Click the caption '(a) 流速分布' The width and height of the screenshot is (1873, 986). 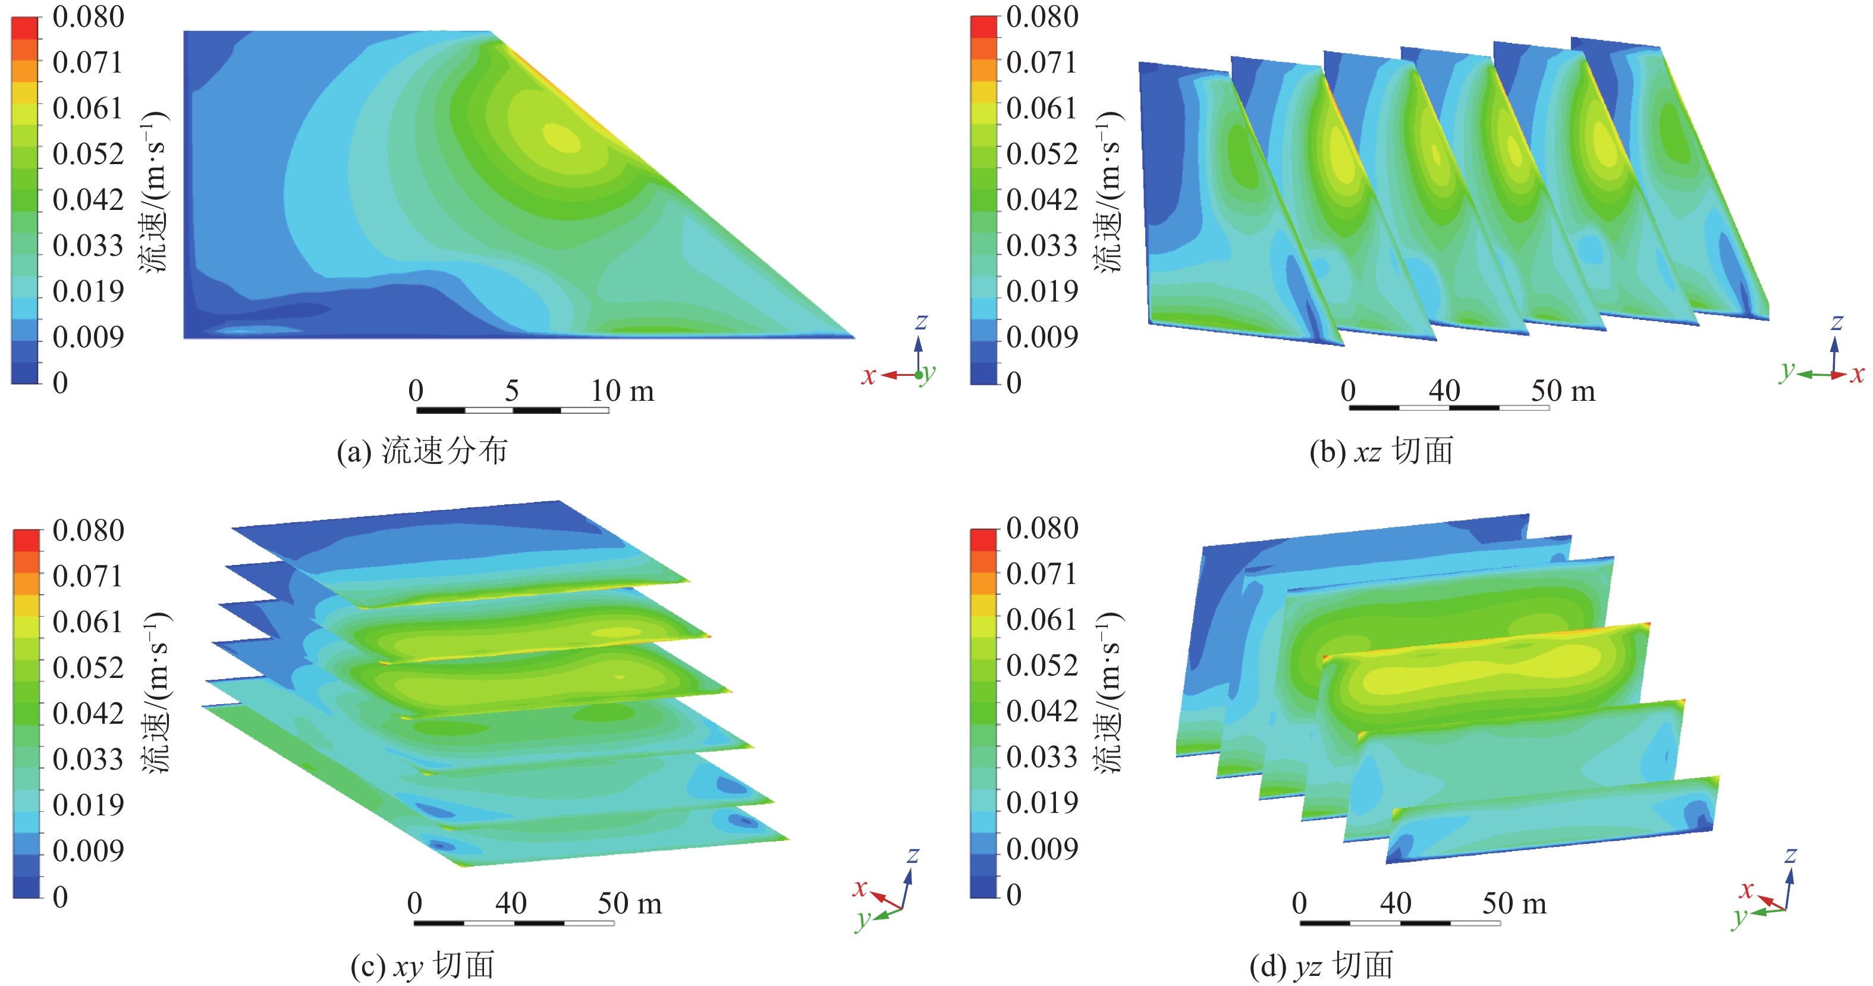(x=422, y=451)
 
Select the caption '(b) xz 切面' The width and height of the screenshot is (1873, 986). (x=1381, y=451)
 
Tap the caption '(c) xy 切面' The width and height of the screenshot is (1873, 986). (x=422, y=966)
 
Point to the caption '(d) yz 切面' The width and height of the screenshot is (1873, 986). (x=1321, y=966)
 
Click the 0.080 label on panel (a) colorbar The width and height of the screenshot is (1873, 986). (x=88, y=17)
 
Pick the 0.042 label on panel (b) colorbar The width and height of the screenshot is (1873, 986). (x=1042, y=199)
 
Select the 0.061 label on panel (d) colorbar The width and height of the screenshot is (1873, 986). (x=1042, y=620)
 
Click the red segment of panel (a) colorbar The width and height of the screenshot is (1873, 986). (x=25, y=27)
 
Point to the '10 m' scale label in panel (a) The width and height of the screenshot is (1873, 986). (x=622, y=391)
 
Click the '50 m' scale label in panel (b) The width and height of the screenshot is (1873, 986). (x=1563, y=391)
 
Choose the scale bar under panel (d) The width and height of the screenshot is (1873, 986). (x=1400, y=923)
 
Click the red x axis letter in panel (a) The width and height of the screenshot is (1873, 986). (x=868, y=376)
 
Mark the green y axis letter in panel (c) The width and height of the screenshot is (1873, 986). (x=863, y=919)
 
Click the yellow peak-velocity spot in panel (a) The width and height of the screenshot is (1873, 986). (x=562, y=137)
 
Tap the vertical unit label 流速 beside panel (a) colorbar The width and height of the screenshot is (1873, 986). (x=154, y=247)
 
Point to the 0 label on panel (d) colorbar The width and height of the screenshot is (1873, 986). (x=1014, y=894)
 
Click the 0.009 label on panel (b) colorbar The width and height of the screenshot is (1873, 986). (x=1042, y=337)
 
